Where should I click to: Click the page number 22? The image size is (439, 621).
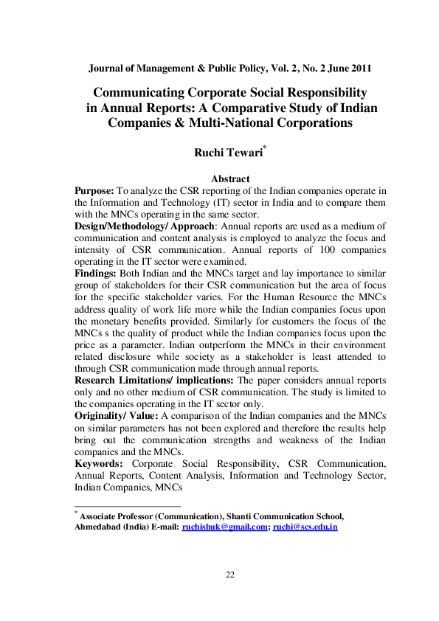click(x=229, y=576)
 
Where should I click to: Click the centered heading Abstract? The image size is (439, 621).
click(x=230, y=178)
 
